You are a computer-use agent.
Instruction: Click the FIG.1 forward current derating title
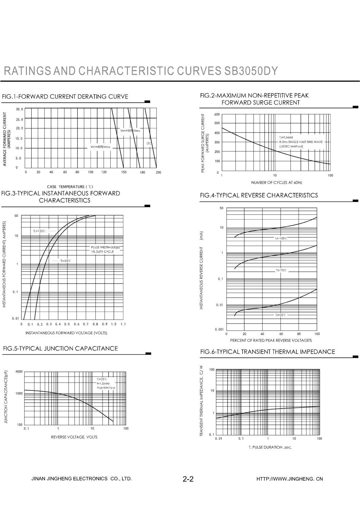(65, 96)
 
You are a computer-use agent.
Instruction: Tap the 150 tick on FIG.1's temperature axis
(124, 172)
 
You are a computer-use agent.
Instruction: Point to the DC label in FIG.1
(149, 143)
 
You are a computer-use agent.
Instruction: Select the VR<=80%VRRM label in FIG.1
(101, 147)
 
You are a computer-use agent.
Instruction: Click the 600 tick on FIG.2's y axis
(217, 114)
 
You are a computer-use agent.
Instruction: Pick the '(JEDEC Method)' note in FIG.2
(291, 146)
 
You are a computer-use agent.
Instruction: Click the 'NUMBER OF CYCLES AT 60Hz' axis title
(276, 183)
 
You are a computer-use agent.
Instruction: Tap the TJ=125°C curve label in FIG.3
(39, 231)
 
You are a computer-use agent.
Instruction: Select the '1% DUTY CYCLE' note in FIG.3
(102, 252)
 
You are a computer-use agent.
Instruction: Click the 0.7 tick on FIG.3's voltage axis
(86, 324)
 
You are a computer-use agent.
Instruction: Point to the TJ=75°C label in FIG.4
(281, 270)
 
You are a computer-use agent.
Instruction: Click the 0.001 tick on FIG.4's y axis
(219, 330)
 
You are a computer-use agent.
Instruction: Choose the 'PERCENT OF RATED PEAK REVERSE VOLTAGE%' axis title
(271, 340)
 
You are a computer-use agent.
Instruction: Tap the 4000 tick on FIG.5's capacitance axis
(19, 371)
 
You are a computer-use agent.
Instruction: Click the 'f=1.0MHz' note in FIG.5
(103, 383)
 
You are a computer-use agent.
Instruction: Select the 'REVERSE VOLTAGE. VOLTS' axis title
(74, 437)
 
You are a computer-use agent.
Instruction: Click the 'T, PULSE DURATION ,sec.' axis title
(270, 447)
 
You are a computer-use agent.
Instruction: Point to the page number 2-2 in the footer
(188, 479)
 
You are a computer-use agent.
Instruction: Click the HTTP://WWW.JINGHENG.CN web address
(290, 479)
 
